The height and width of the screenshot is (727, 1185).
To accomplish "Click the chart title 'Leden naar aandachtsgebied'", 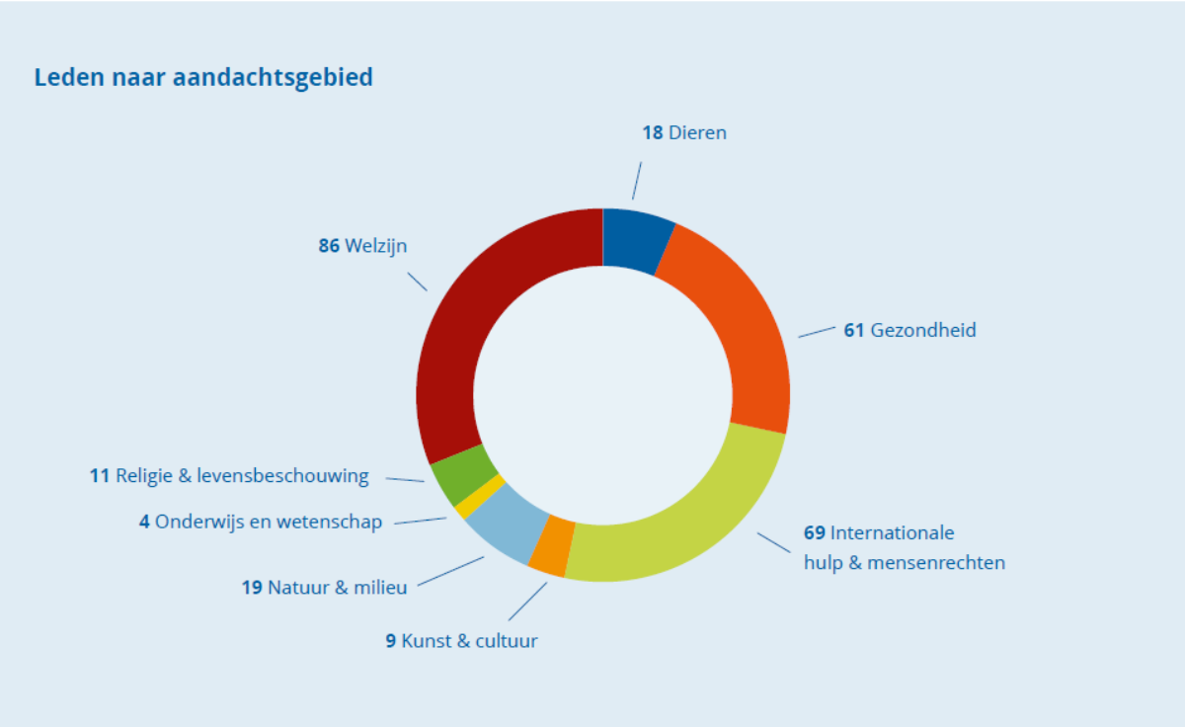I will pyautogui.click(x=203, y=77).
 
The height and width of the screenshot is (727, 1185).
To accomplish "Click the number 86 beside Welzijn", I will pyautogui.click(x=329, y=246).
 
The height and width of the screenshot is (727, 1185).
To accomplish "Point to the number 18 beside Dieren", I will pyautogui.click(x=652, y=132).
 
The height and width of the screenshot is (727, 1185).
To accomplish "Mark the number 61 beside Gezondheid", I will pyautogui.click(x=853, y=330).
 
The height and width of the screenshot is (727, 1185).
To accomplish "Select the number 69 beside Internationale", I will pyautogui.click(x=814, y=533).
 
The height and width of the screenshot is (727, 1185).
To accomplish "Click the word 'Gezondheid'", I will pyautogui.click(x=922, y=330).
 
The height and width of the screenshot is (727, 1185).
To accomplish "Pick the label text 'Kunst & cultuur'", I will pyautogui.click(x=469, y=641).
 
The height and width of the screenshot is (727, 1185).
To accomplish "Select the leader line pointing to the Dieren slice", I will pyautogui.click(x=637, y=181).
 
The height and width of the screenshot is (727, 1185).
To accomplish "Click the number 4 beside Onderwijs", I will pyautogui.click(x=144, y=523).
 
